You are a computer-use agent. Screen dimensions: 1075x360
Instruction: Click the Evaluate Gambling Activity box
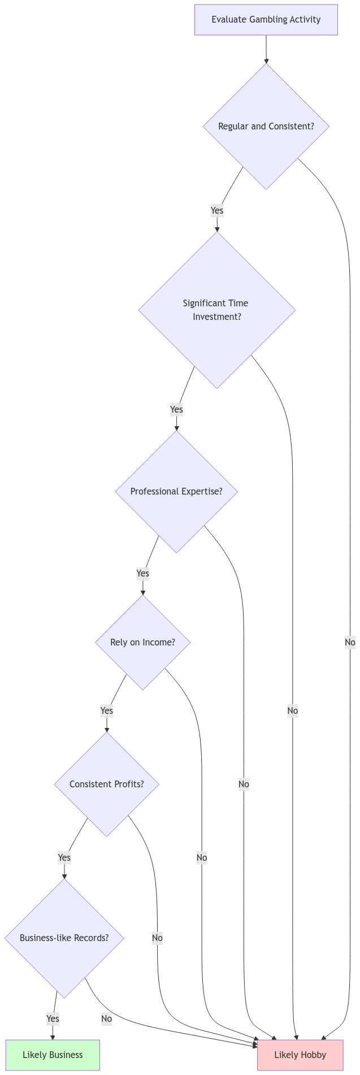click(x=266, y=20)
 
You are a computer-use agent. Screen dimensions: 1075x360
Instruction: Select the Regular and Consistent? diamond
click(x=266, y=126)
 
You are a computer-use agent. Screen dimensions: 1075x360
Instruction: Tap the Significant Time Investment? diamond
click(x=216, y=310)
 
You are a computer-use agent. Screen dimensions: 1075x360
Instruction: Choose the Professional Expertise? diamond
click(x=176, y=491)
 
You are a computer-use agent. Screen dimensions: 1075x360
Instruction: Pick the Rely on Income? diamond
click(x=142, y=642)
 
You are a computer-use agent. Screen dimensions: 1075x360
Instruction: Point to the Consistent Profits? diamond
click(x=106, y=784)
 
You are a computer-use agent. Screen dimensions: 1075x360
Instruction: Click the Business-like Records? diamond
click(x=64, y=938)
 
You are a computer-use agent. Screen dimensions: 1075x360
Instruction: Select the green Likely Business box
click(x=53, y=1055)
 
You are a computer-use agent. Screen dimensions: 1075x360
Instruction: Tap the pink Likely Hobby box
click(x=300, y=1055)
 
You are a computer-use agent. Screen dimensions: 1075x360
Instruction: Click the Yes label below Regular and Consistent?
click(x=216, y=210)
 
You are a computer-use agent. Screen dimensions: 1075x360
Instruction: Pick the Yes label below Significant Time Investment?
click(x=176, y=409)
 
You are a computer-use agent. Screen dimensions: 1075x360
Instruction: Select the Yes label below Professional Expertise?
click(x=142, y=573)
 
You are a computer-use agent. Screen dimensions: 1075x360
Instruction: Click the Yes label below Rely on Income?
click(x=106, y=710)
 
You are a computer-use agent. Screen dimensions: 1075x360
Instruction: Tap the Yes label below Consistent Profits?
click(x=64, y=857)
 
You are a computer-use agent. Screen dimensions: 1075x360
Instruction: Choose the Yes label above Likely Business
click(x=53, y=1018)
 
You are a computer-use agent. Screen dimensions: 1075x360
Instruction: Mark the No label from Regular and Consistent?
click(x=350, y=642)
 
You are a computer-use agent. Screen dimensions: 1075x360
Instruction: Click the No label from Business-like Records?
click(x=106, y=1018)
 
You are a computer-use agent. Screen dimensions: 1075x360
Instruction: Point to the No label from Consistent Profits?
click(x=157, y=938)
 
